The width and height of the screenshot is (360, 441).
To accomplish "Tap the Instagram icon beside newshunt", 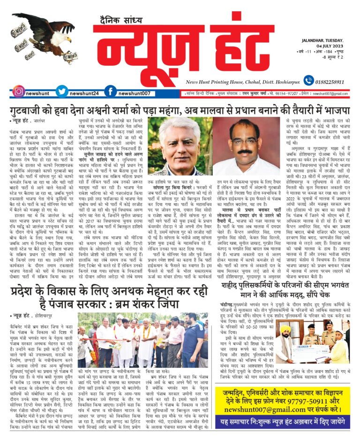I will coord(19,91).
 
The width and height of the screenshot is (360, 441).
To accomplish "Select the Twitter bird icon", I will coord(62,91).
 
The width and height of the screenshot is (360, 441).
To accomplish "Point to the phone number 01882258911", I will coord(333,81).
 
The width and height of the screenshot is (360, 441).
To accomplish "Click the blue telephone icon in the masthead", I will coord(308,80).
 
